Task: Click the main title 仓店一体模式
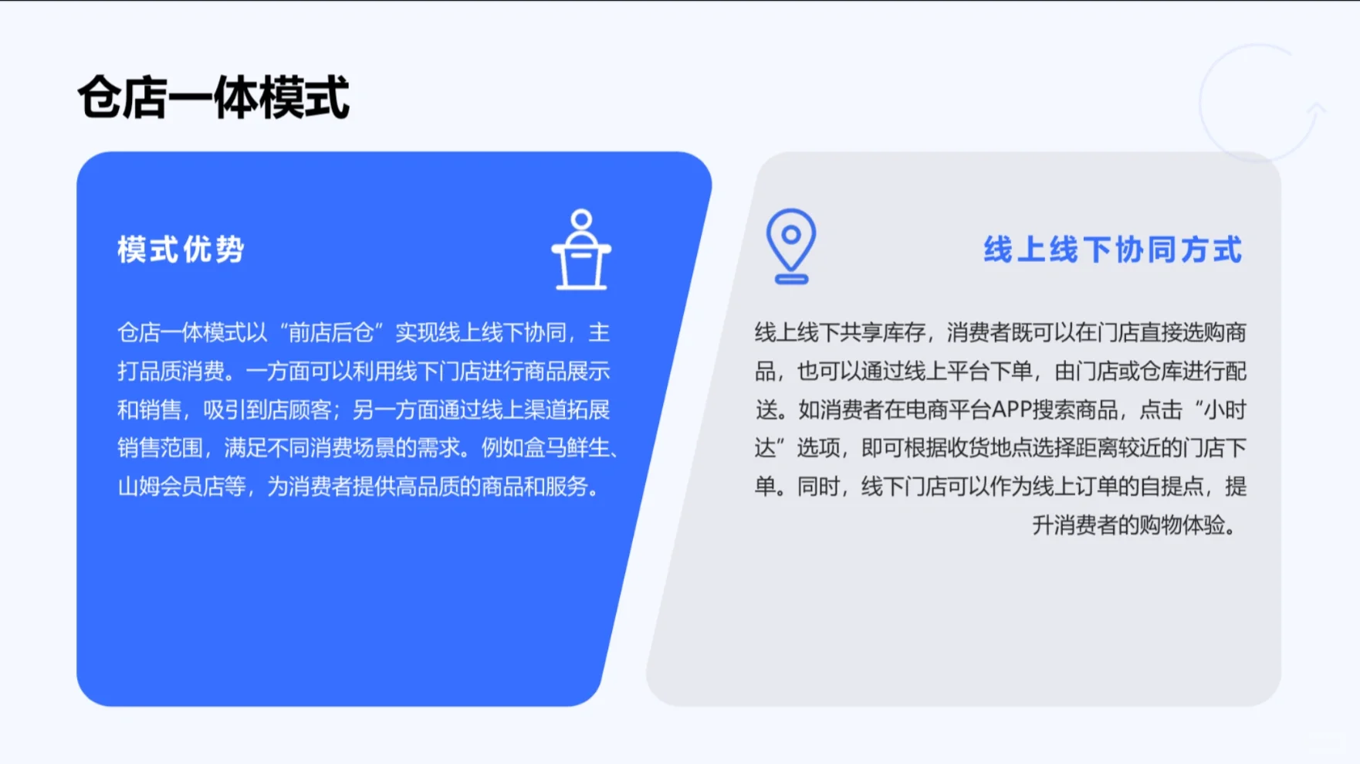213,98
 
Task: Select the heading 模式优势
181,250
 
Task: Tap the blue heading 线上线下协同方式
1112,250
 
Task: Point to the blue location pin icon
790,239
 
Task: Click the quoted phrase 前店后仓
330,333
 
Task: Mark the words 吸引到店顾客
267,410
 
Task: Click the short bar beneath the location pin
791,279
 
